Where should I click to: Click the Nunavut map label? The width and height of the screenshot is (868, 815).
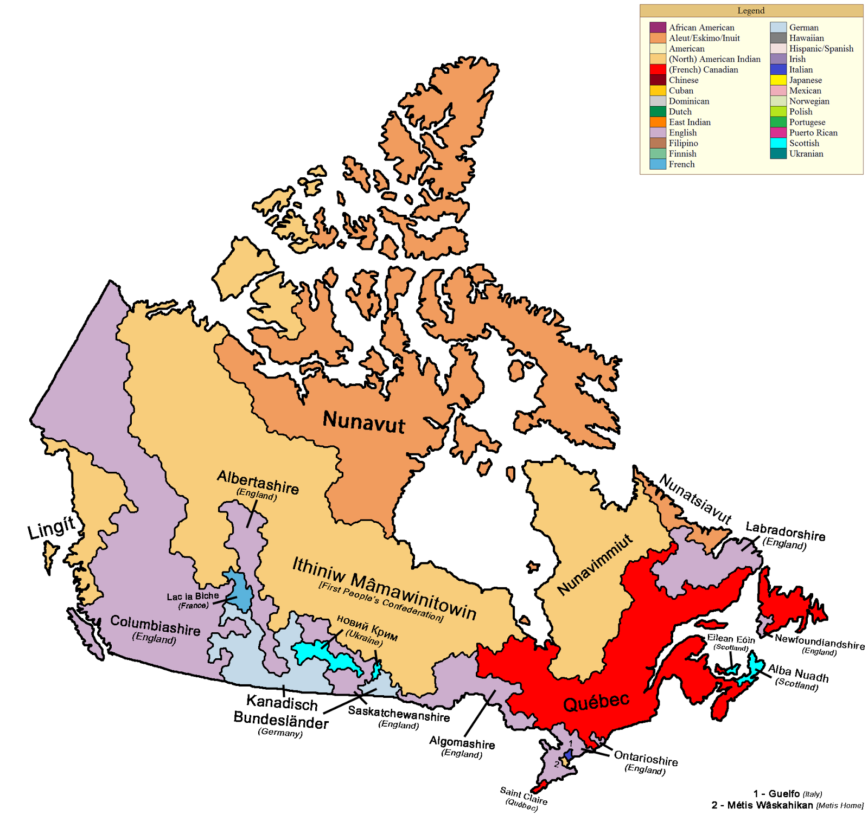point(363,422)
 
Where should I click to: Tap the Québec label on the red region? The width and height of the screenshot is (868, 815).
point(596,702)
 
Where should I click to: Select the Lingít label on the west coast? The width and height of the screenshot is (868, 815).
point(52,527)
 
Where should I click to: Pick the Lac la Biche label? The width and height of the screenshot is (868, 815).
point(193,596)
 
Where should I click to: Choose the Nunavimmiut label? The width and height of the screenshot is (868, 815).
point(595,564)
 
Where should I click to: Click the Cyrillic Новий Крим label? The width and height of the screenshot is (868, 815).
point(367,627)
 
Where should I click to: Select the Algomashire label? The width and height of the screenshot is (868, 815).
point(462,742)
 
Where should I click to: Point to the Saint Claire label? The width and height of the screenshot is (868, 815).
point(524,795)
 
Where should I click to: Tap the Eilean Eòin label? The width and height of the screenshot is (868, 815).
point(731,639)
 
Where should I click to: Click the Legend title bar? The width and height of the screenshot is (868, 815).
point(751,11)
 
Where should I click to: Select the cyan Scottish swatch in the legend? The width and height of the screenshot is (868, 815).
point(778,143)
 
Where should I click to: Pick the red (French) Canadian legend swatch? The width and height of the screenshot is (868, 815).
point(658,69)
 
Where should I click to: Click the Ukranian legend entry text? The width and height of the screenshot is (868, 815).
point(806,153)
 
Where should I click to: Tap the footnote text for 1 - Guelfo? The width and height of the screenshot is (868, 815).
point(787,794)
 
